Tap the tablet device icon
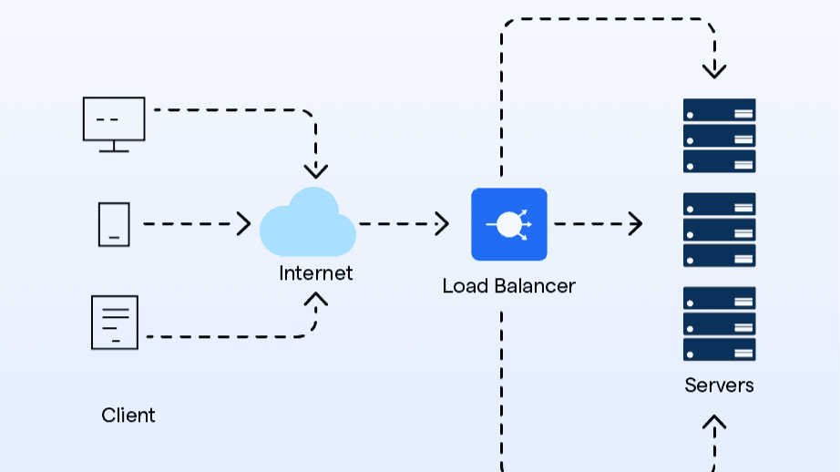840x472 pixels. pos(114,224)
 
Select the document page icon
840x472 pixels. pos(115,322)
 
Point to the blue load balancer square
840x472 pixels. pos(508,224)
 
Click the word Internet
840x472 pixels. pos(315,272)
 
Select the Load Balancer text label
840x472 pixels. pos(508,286)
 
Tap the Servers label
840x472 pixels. pos(719,385)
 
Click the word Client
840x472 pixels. pos(128,416)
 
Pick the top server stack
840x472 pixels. pos(719,136)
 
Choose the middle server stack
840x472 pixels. pos(719,230)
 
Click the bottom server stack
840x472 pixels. pos(719,323)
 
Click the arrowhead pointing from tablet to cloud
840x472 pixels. pos(244,224)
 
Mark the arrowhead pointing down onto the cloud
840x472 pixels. pos(315,170)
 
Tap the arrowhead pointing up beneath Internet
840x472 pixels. pos(315,299)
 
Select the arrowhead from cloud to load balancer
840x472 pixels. pos(443,224)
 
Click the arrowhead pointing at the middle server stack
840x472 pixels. pos(636,224)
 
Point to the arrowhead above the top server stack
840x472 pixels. pos(714,70)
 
